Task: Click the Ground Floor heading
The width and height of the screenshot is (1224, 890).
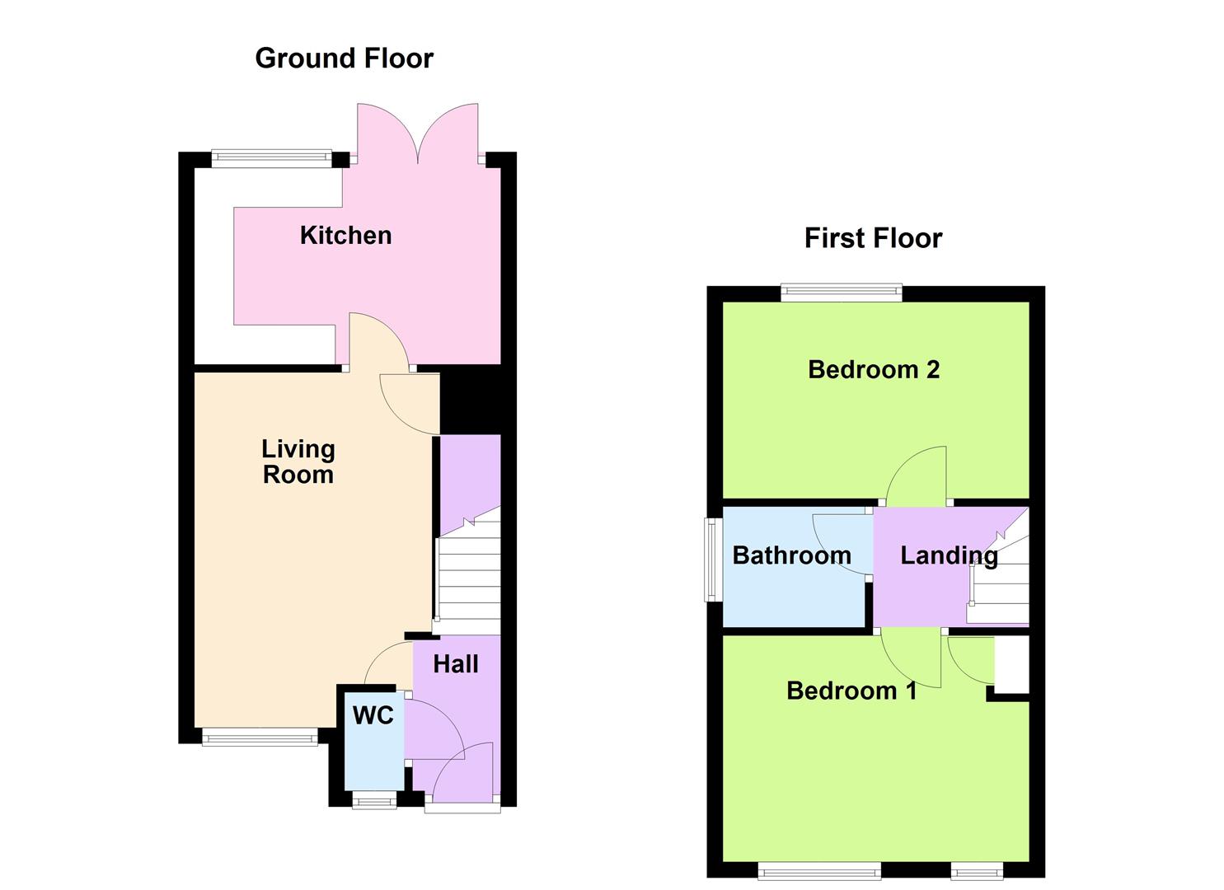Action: [344, 59]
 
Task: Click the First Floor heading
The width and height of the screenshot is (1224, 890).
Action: [873, 238]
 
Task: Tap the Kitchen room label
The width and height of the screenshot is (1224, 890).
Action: [345, 236]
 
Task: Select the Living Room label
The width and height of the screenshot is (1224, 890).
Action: [298, 461]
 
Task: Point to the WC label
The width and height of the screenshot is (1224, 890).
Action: [373, 715]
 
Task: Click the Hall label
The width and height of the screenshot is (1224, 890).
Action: [456, 664]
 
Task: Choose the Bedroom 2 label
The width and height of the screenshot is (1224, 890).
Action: [874, 370]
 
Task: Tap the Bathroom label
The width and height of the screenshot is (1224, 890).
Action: [791, 555]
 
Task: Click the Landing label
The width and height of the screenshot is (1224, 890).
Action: [949, 555]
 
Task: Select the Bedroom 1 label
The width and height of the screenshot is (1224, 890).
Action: [851, 691]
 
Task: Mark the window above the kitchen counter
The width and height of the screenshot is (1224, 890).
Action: [271, 158]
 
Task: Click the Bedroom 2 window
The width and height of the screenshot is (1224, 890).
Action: [842, 291]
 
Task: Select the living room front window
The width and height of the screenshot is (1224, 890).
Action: [260, 738]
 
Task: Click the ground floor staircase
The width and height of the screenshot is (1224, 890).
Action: [468, 577]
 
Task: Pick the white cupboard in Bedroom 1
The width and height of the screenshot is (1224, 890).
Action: [1012, 665]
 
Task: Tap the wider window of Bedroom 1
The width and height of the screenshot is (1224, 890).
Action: [819, 870]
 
